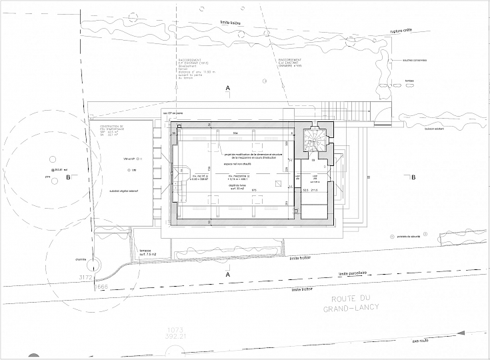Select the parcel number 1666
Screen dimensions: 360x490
click(x=100, y=286)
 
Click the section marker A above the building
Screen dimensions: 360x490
click(x=228, y=88)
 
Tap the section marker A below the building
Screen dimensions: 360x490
click(x=228, y=274)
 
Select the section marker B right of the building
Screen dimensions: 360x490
click(x=413, y=177)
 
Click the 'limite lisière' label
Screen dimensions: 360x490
click(x=231, y=23)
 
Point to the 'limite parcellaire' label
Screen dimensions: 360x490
click(x=353, y=272)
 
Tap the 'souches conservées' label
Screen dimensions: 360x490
click(x=415, y=60)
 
